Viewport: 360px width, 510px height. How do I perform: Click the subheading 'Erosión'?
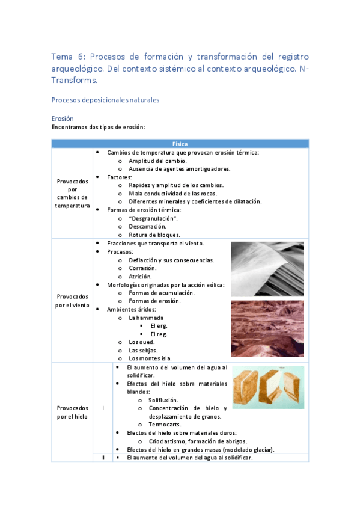63,118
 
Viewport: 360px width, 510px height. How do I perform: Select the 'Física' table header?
180,144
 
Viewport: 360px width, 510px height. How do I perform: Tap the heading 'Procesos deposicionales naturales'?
105,100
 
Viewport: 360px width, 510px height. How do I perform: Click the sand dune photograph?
267,268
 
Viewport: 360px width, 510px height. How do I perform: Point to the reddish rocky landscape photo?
267,328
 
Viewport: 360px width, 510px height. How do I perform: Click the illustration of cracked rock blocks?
267,387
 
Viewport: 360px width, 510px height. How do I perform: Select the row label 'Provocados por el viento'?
72,300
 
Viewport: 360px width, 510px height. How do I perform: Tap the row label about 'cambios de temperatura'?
72,193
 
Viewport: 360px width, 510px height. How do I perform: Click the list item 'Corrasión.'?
142,268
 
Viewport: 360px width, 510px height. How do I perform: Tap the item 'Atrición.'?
141,276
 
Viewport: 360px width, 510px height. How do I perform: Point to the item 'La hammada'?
146,317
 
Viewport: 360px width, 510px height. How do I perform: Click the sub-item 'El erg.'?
159,325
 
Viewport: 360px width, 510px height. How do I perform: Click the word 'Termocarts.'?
165,424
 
